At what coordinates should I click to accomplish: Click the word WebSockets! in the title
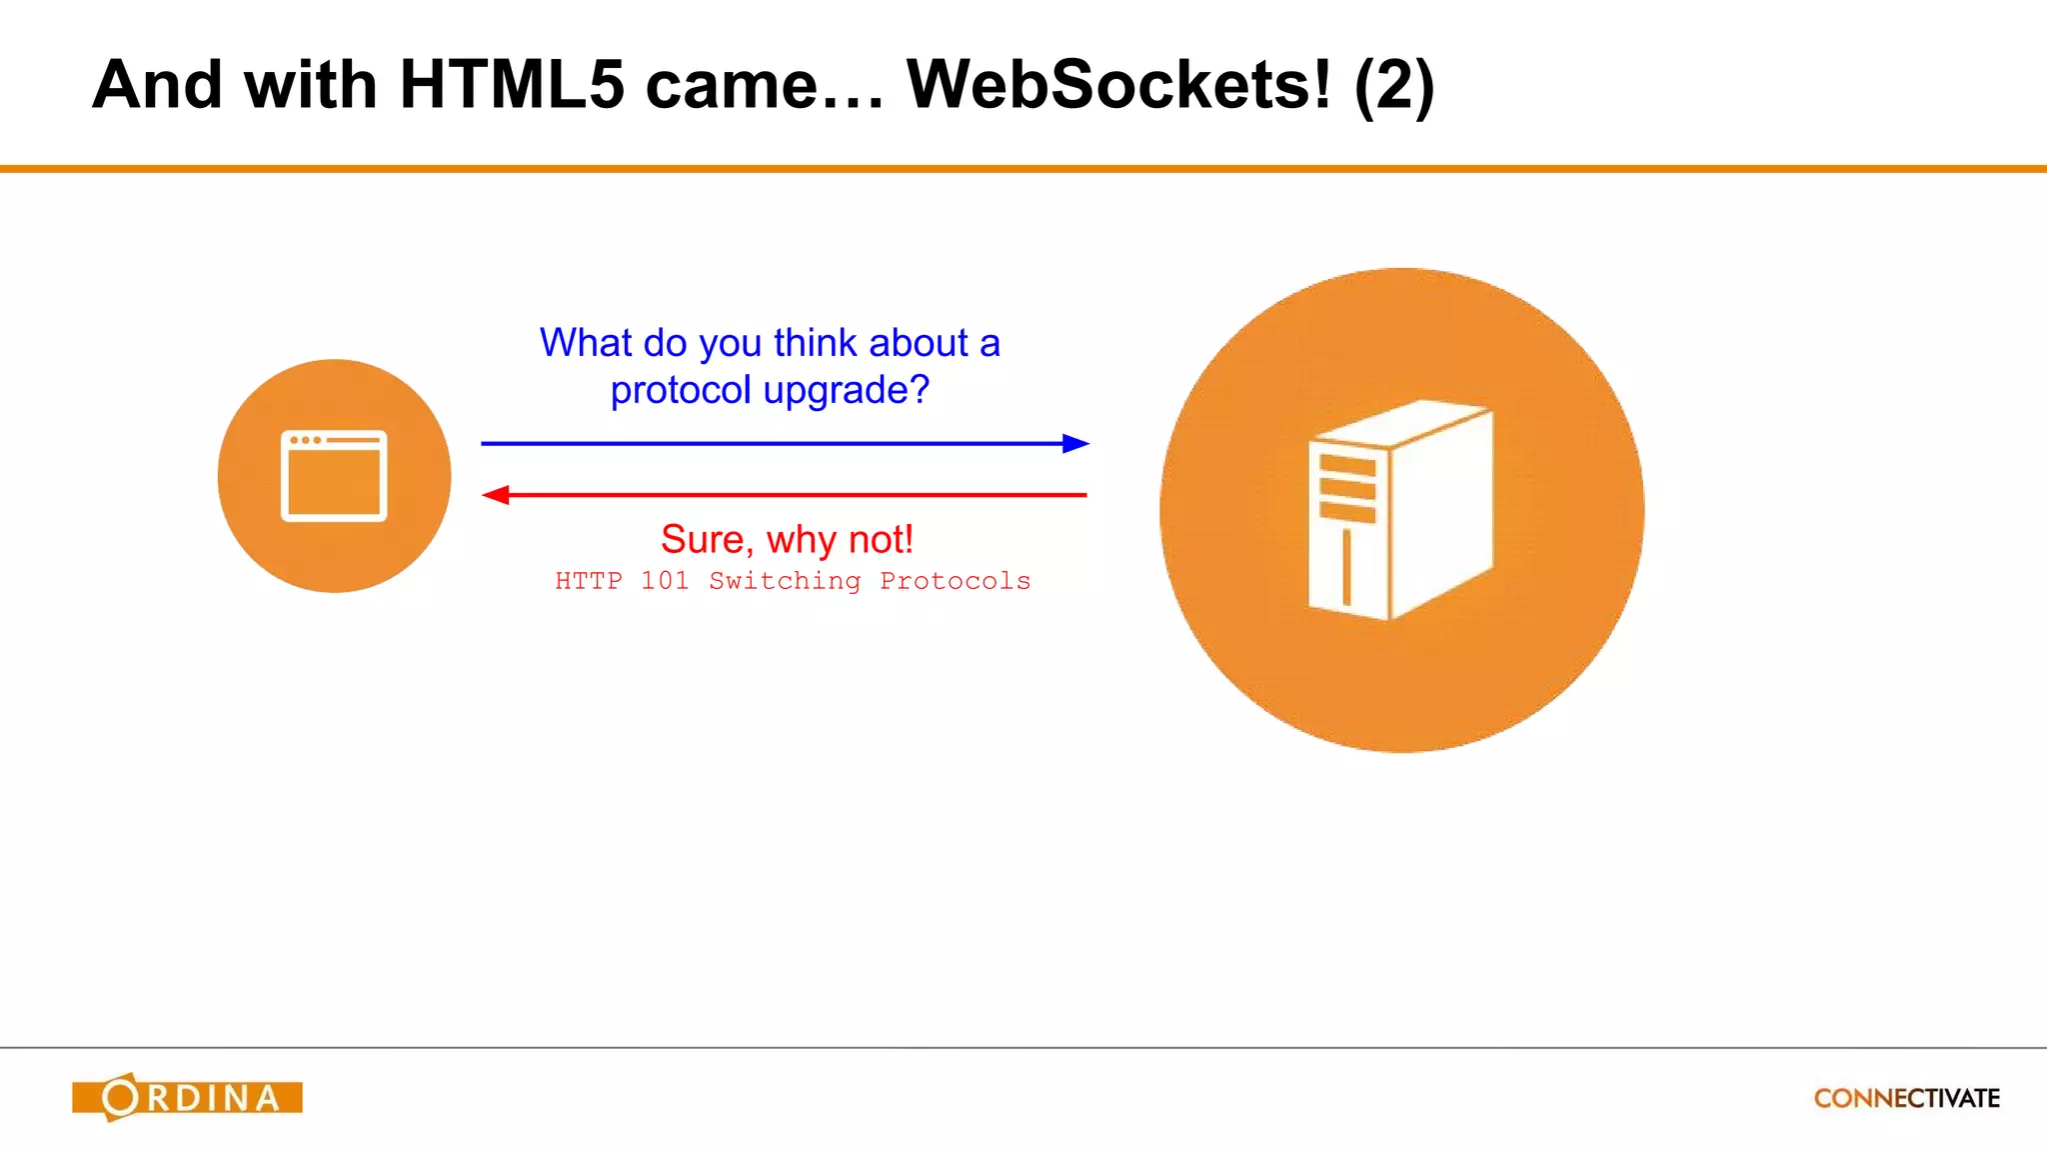tap(1118, 85)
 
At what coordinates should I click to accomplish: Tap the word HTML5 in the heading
tap(512, 85)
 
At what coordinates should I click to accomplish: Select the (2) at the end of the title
tap(1394, 87)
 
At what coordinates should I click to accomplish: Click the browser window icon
tap(334, 476)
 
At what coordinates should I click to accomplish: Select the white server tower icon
tap(1400, 509)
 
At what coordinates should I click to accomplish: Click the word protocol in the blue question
tap(681, 390)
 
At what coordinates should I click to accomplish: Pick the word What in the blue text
tap(586, 343)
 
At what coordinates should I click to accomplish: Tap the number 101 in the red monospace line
tap(665, 581)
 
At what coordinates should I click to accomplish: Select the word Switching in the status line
tap(785, 581)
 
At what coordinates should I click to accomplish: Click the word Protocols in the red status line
tap(955, 581)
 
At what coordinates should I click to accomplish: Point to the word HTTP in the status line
tap(589, 581)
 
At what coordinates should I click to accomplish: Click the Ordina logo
tap(188, 1097)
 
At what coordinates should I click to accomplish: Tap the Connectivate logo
tap(1906, 1098)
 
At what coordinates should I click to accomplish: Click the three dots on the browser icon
tap(306, 440)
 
